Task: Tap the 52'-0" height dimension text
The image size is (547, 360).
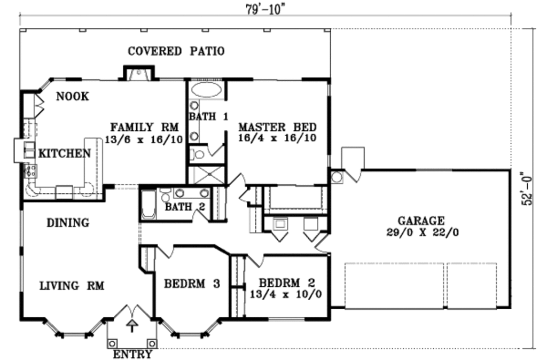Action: (528, 187)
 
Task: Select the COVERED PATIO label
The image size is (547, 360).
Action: (176, 51)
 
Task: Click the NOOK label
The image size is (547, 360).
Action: (72, 97)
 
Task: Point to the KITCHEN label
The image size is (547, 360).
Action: (64, 154)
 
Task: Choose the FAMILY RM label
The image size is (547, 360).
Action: (144, 128)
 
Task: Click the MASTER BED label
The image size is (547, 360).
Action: (277, 128)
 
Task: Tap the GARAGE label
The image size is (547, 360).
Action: (420, 221)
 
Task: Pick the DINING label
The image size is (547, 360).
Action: (67, 223)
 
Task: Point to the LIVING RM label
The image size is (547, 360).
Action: (72, 286)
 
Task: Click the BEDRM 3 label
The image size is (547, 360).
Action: (192, 284)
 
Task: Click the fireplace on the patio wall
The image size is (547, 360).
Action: (139, 73)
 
